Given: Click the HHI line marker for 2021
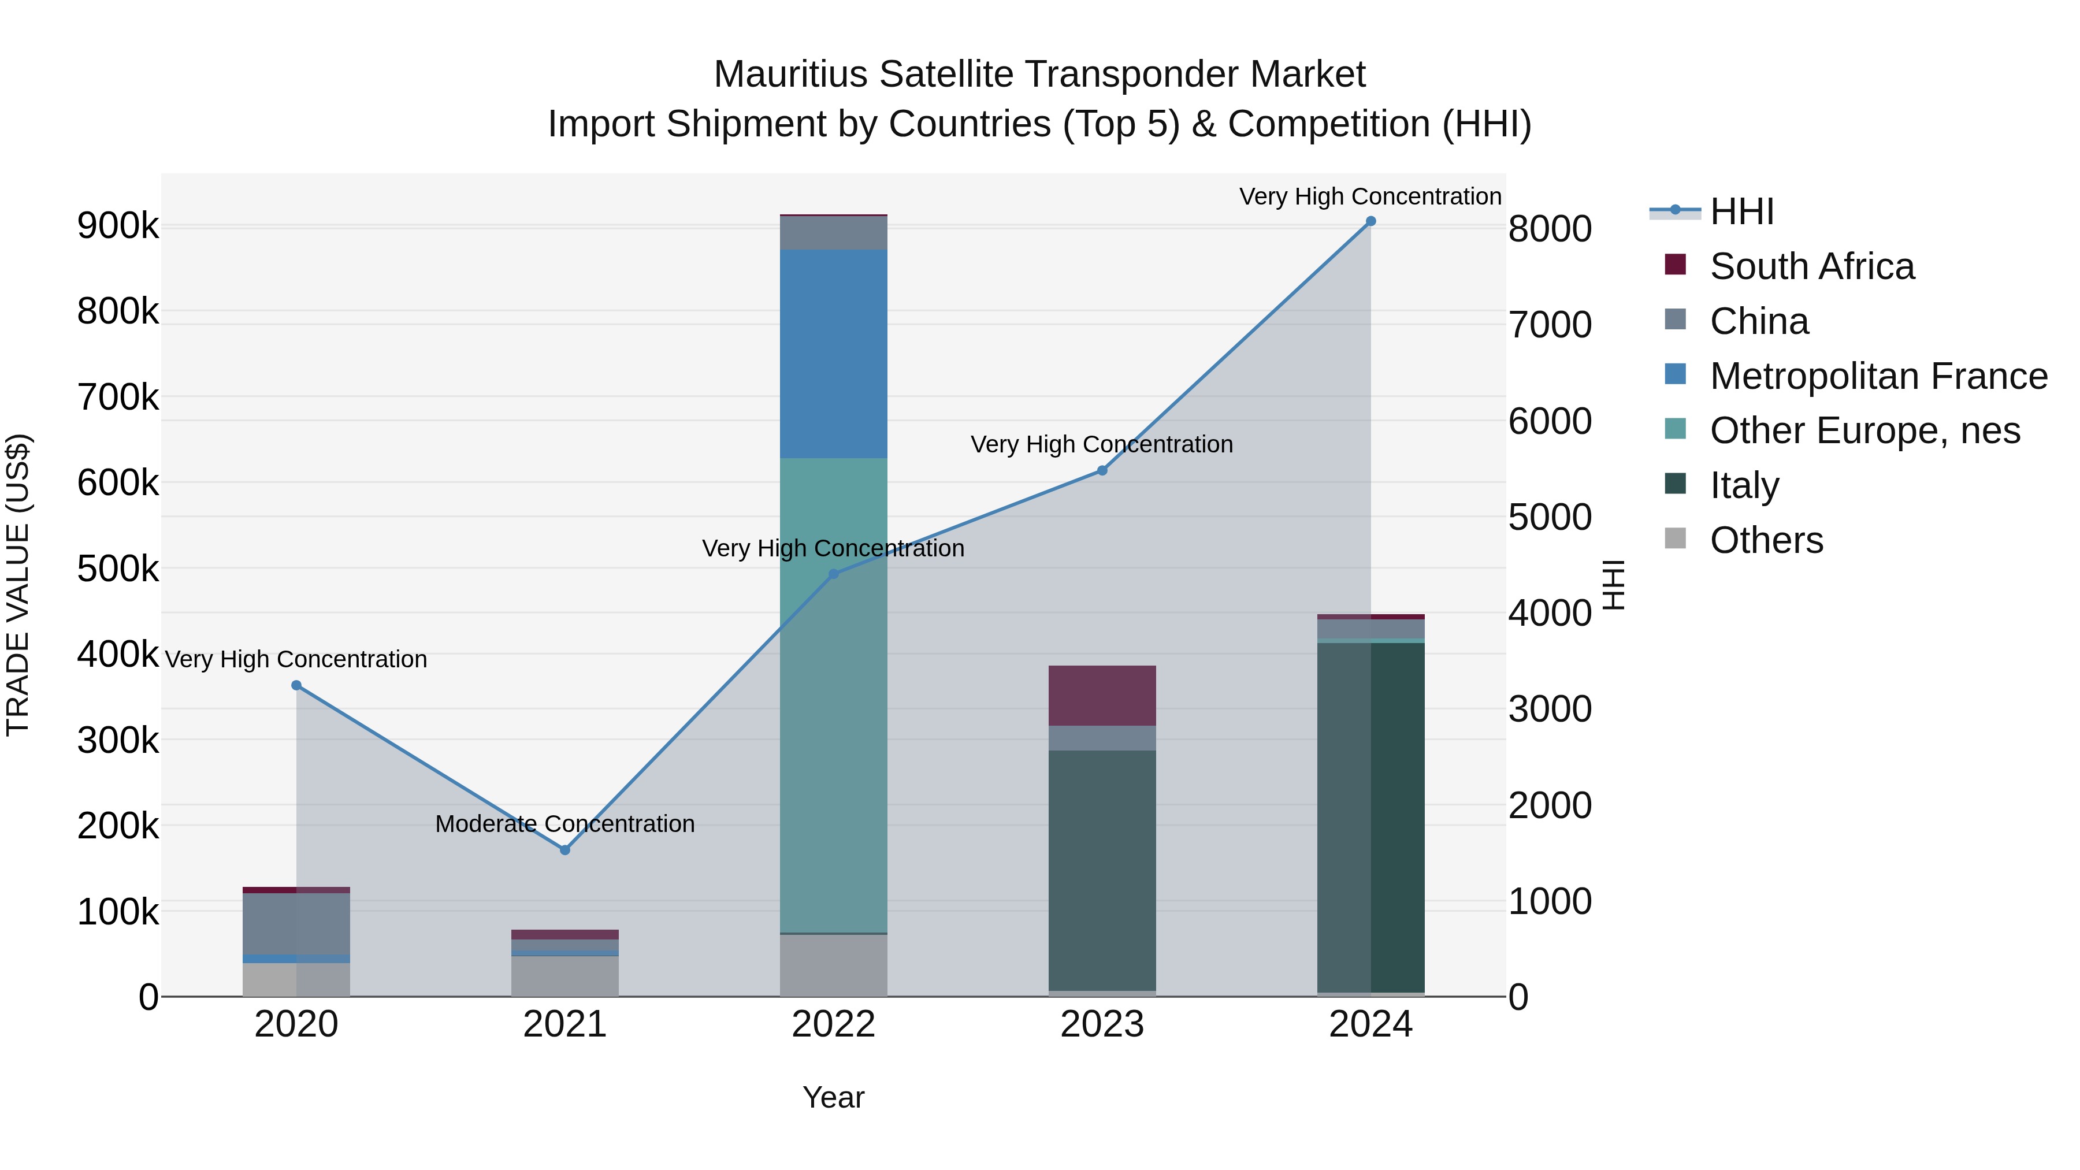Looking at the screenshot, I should point(564,849).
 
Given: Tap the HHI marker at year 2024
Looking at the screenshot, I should point(1370,221).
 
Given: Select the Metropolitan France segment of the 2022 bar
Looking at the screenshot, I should point(833,354).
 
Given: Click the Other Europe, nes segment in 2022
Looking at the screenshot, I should point(833,694).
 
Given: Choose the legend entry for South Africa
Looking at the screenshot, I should point(1811,266).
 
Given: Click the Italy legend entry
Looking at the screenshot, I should point(1744,485).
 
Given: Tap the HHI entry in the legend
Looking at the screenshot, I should point(1741,211).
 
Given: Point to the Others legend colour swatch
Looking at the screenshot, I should point(1676,538).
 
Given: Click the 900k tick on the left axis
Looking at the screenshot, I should point(118,226).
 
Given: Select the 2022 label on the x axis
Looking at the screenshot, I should point(833,1024).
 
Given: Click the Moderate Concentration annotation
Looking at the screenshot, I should point(564,823).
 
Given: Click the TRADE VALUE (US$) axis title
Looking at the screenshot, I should point(18,585).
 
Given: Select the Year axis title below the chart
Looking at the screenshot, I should point(833,1097).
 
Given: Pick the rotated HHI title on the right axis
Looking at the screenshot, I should point(1613,585).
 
